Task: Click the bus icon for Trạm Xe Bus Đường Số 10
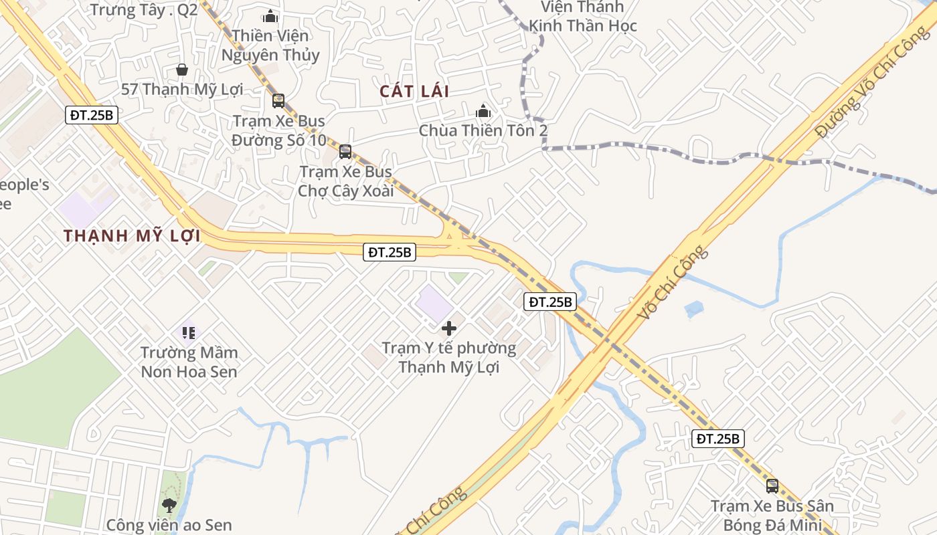[278, 101]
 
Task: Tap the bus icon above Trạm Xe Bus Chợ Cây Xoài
[345, 152]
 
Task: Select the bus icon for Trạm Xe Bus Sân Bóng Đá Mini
[772, 486]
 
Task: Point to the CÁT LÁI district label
[414, 91]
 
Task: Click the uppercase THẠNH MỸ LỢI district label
[133, 235]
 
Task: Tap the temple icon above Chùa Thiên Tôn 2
[483, 111]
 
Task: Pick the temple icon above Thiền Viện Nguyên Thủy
[270, 16]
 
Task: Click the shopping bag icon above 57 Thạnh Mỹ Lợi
[181, 69]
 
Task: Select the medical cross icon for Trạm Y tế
[449, 328]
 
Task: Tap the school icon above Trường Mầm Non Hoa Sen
[189, 332]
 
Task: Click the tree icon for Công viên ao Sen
[169, 505]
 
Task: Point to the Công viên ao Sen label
[169, 525]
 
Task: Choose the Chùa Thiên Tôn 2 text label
[483, 130]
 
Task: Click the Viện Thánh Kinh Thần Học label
[583, 17]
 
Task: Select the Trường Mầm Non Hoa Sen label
[189, 362]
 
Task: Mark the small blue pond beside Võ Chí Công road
[694, 309]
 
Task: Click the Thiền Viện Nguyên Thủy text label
[270, 45]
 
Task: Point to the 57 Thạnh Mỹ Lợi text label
[182, 89]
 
